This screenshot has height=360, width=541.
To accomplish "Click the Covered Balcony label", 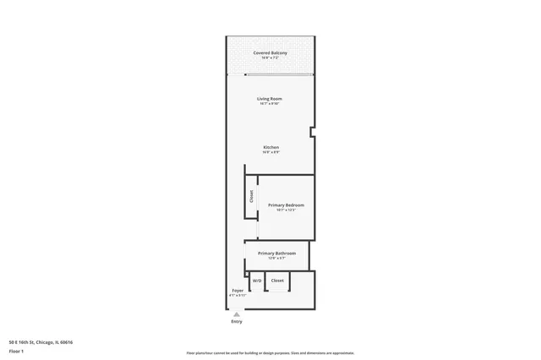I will point(270,53).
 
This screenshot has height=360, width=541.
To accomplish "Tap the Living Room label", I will point(270,99).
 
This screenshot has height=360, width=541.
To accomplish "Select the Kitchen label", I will point(270,148).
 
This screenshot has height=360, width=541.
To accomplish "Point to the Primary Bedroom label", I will point(286,205).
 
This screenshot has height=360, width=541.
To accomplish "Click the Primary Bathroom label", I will point(276,254).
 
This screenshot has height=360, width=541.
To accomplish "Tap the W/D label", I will point(257,281).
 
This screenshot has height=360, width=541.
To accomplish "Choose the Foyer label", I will point(238,291).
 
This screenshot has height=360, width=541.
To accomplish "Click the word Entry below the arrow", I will point(237,322).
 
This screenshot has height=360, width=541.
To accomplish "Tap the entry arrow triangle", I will point(237,314).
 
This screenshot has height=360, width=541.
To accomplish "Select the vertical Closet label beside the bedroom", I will point(252,197).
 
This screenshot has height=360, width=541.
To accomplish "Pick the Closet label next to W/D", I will point(277,281).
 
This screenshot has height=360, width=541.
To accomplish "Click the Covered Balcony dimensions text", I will point(270,58).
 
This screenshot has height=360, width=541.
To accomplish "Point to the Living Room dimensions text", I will point(270,104).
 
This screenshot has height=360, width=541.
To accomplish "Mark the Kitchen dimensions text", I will point(270,153).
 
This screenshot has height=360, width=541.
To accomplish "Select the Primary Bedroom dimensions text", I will point(286,210).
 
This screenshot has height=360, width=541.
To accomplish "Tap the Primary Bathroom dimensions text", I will point(276,259).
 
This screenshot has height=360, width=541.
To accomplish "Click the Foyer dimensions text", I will point(238,296).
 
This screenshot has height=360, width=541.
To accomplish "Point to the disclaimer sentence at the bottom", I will point(270,352).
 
